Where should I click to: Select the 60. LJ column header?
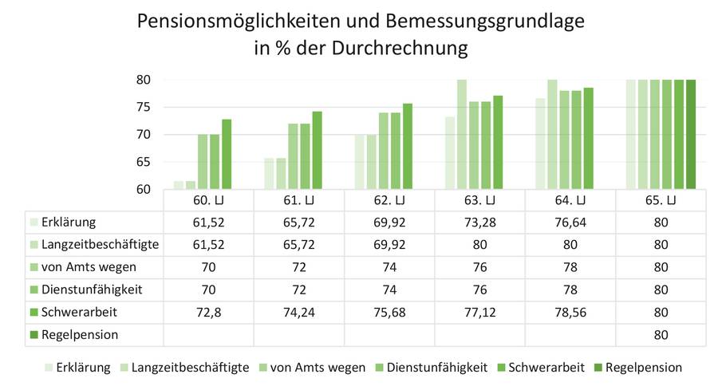point(208,199)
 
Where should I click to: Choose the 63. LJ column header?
point(480,199)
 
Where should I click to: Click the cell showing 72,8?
point(208,312)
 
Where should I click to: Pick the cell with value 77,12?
point(480,312)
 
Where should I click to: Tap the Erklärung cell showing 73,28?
point(480,222)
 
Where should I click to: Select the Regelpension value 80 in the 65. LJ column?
point(661,334)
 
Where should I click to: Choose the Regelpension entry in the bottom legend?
point(643,368)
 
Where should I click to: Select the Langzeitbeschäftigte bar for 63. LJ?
point(462,134)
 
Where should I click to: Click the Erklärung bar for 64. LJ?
point(540,144)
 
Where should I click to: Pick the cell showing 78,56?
point(570,312)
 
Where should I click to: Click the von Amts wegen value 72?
point(298,266)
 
